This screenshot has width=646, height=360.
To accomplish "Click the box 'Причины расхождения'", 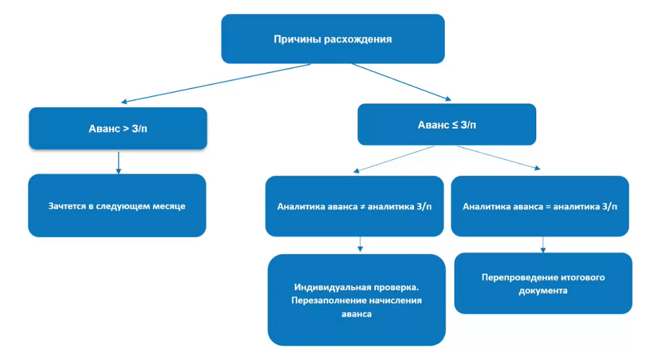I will coord(333,39).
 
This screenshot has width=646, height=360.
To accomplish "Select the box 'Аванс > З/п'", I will coord(118,129).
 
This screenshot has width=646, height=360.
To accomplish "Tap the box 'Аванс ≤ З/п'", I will coord(446,124).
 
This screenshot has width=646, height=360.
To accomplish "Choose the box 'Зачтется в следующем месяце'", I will coord(117,206).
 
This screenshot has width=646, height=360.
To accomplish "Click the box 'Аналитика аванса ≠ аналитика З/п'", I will coord(354,206).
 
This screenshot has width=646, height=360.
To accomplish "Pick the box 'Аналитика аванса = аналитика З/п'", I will coord(539,206).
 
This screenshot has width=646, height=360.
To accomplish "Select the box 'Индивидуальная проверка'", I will coord(357,300).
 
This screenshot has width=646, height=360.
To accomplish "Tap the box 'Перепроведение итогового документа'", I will coord(543,283).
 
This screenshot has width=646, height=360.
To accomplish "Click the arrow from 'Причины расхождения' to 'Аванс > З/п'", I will coord(216,83).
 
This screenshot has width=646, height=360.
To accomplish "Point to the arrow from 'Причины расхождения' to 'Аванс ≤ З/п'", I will coord(401,82).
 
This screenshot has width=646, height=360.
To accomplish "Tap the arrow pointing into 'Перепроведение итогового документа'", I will coord(543,244).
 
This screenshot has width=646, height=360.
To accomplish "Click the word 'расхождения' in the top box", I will coord(366,39).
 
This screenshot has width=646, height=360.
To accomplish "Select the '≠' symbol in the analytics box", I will coord(362,207).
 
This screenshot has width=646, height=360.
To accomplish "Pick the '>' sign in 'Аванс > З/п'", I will coord(125,129).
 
